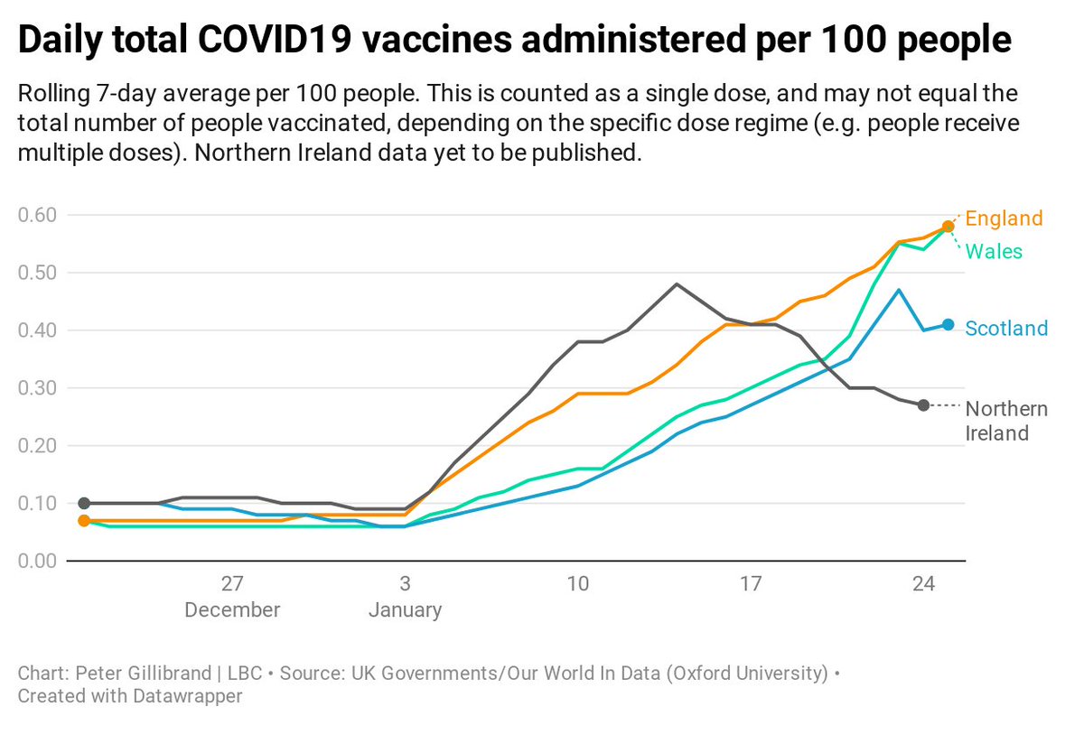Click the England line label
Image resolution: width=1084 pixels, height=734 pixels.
point(1004,218)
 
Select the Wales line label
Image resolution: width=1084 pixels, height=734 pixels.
point(994,251)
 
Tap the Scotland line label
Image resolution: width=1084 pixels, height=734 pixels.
point(1006,329)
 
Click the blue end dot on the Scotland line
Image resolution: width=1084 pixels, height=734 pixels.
point(948,324)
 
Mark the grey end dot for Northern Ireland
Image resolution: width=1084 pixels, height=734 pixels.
point(923,405)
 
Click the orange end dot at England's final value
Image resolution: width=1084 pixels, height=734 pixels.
point(948,226)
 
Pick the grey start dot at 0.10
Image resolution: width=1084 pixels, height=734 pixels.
point(84,503)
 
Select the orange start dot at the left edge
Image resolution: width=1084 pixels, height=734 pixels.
point(84,520)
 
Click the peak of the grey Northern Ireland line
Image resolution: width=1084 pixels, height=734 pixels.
point(677,283)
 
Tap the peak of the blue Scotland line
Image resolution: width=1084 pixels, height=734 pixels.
point(899,290)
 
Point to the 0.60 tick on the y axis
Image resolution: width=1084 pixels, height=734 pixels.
point(38,215)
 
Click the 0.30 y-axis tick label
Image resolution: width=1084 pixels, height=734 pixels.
point(38,388)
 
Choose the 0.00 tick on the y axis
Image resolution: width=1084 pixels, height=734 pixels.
point(38,561)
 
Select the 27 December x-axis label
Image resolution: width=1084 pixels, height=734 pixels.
point(232,596)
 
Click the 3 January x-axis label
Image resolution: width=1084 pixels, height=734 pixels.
point(405,596)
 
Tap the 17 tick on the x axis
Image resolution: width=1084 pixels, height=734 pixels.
point(751,584)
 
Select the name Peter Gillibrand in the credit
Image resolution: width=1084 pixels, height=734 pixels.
point(135,674)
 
